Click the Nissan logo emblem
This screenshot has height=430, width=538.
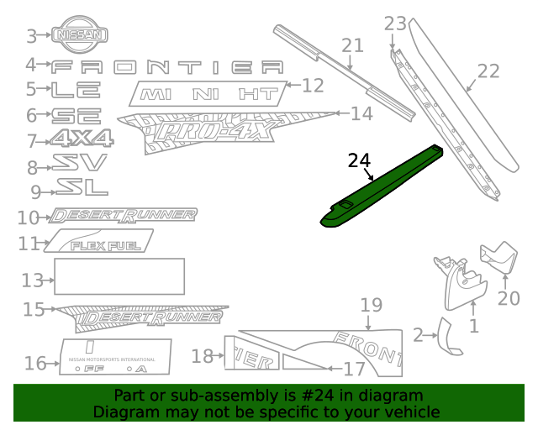81,34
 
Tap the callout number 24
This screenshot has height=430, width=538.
358,160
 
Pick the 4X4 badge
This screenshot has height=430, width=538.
82,139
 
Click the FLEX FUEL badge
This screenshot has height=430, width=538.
100,244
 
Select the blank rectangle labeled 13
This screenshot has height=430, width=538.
119,276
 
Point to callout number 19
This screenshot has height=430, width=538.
371,304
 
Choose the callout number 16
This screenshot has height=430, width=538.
35,363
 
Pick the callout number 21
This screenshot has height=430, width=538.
351,45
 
